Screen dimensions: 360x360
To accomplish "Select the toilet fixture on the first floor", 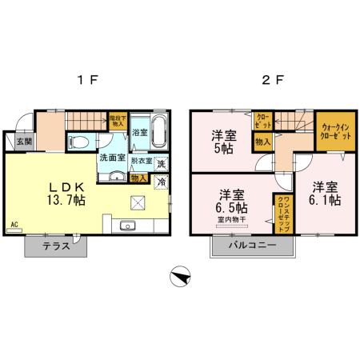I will (x=79, y=141).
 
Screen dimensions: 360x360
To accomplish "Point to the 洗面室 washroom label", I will (x=111, y=158).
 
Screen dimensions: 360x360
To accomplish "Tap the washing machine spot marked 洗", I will (x=162, y=164).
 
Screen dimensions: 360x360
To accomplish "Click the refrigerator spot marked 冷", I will (x=162, y=182).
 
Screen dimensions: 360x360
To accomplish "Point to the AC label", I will (x=14, y=223).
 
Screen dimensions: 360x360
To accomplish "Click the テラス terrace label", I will (x=55, y=246).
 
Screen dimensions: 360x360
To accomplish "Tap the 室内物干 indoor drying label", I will (x=231, y=218).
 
